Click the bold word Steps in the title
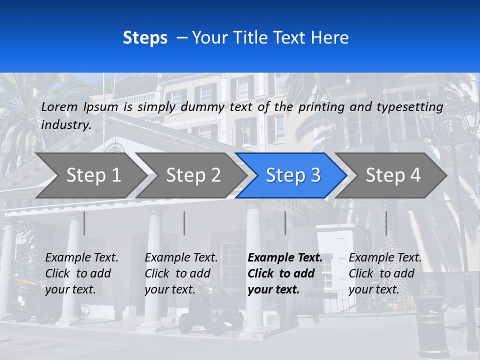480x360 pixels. click(145, 38)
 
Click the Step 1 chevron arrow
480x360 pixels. click(90, 175)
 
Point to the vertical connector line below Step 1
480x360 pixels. click(84, 223)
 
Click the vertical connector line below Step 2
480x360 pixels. click(184, 223)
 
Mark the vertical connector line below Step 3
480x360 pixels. click(285, 223)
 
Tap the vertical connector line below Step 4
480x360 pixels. click(386, 223)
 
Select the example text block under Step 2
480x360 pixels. click(181, 273)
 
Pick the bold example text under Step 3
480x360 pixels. click(284, 273)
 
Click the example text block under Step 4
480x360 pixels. click(385, 273)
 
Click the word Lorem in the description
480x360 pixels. click(59, 106)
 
